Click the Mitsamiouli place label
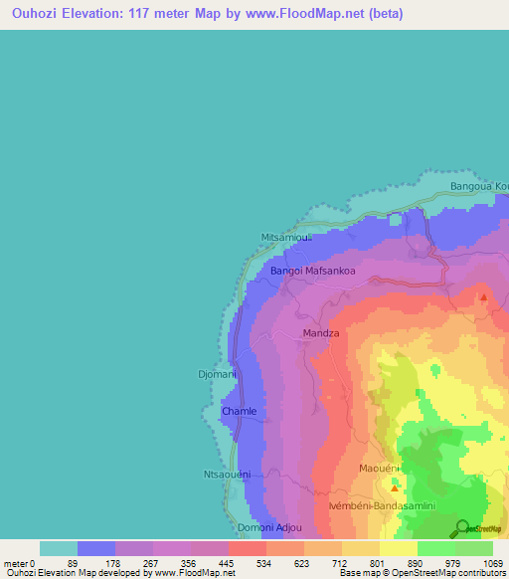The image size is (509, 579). (x=285, y=238)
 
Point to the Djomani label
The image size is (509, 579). (x=217, y=374)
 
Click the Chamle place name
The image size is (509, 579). (x=239, y=411)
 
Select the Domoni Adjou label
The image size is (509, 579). (x=265, y=526)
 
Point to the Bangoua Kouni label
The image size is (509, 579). (x=479, y=186)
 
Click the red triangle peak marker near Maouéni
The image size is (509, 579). (x=395, y=487)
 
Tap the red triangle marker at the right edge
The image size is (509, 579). (x=484, y=296)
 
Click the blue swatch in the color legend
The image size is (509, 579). (x=96, y=548)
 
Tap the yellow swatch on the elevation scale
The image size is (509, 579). (x=399, y=548)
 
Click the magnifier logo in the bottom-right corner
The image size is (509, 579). (x=462, y=528)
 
